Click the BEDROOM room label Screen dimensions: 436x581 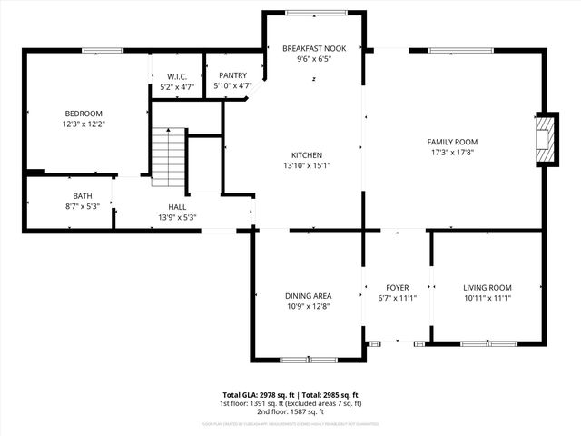click(83, 114)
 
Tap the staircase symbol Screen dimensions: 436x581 click(169, 153)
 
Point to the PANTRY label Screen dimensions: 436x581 click(232, 76)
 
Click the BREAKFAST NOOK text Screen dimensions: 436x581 click(313, 48)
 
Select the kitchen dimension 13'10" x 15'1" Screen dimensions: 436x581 click(306, 165)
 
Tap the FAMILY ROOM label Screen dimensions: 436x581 click(452, 142)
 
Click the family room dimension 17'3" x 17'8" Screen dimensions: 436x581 click(452, 153)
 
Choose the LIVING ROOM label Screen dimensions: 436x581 click(487, 287)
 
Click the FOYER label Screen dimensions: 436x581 click(397, 287)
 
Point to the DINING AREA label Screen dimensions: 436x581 click(309, 296)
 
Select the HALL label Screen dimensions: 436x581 click(177, 207)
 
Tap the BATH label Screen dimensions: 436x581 click(83, 196)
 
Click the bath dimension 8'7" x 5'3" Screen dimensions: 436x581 click(83, 207)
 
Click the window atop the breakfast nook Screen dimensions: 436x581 click(313, 12)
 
